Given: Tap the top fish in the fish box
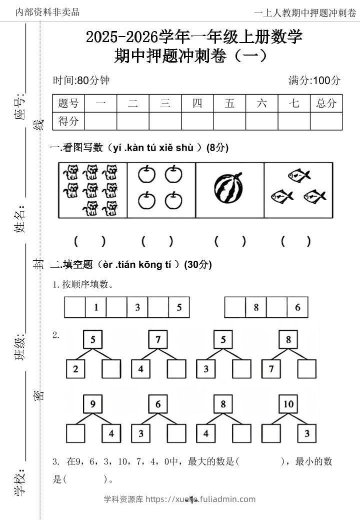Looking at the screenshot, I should (x=298, y=175).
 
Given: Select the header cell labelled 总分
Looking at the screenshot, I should (x=326, y=104).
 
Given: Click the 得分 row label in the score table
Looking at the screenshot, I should (x=68, y=121).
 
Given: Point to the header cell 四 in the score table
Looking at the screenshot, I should (x=197, y=104).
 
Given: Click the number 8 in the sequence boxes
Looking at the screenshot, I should (x=255, y=307).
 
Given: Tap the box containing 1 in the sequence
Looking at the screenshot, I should (x=95, y=307).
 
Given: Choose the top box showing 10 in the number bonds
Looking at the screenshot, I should (x=288, y=404).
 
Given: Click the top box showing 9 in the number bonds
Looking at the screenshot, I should (x=93, y=404).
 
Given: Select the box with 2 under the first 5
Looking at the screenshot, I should (x=75, y=369).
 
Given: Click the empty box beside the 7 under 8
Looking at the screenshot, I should (x=306, y=369).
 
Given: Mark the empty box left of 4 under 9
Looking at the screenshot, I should (x=75, y=433).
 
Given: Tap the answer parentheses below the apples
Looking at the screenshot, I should (x=157, y=241).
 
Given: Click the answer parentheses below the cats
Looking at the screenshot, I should (x=89, y=241).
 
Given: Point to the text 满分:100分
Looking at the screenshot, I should (x=314, y=80).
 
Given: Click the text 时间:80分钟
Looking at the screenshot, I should (x=81, y=80).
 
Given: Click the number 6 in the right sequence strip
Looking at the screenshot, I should (x=297, y=307).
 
